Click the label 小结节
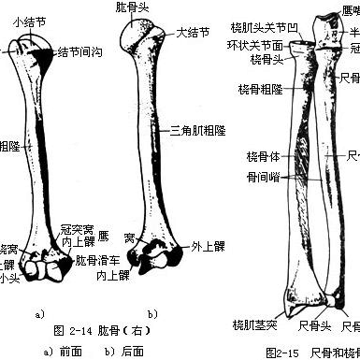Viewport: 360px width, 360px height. [25, 20]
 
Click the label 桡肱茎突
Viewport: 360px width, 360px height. [254, 324]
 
